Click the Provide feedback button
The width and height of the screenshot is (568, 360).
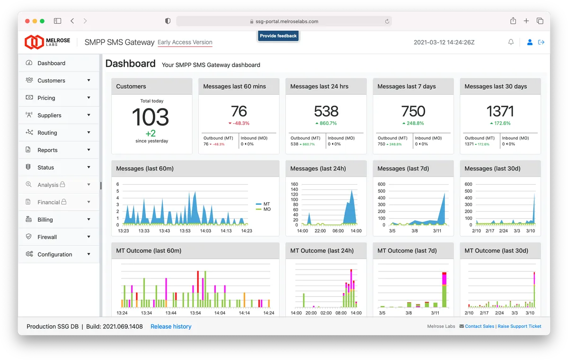click(x=278, y=36)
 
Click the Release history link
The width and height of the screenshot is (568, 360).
click(x=171, y=326)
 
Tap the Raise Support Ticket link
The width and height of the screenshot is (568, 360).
click(x=519, y=326)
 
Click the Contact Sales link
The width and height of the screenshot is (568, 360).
click(x=479, y=326)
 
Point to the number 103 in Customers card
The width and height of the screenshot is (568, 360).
click(x=151, y=117)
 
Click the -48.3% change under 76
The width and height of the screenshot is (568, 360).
click(x=239, y=123)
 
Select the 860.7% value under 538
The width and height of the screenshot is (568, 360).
click(x=326, y=123)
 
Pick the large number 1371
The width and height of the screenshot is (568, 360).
click(x=500, y=111)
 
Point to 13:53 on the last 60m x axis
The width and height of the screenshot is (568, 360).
click(x=185, y=231)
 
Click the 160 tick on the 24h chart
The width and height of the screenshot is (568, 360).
click(x=294, y=184)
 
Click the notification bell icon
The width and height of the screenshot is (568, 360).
click(x=511, y=42)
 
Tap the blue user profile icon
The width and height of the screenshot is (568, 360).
click(x=530, y=42)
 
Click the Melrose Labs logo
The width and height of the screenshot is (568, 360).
click(x=47, y=42)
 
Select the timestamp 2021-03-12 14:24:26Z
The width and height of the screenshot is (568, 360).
click(x=444, y=42)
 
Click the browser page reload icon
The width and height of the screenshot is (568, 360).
click(x=387, y=21)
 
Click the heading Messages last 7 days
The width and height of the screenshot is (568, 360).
click(x=407, y=87)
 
